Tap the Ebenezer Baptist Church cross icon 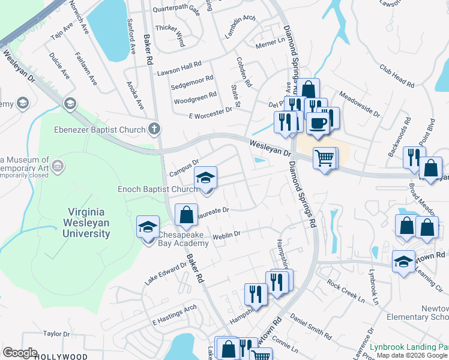(x=154, y=129)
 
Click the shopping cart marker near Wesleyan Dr (x=325, y=158)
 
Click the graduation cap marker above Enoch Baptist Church (x=205, y=178)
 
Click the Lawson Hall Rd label (x=179, y=68)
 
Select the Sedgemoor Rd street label (x=192, y=82)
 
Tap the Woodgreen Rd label (x=194, y=97)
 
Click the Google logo (x=20, y=353)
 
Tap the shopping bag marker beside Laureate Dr (x=186, y=214)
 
